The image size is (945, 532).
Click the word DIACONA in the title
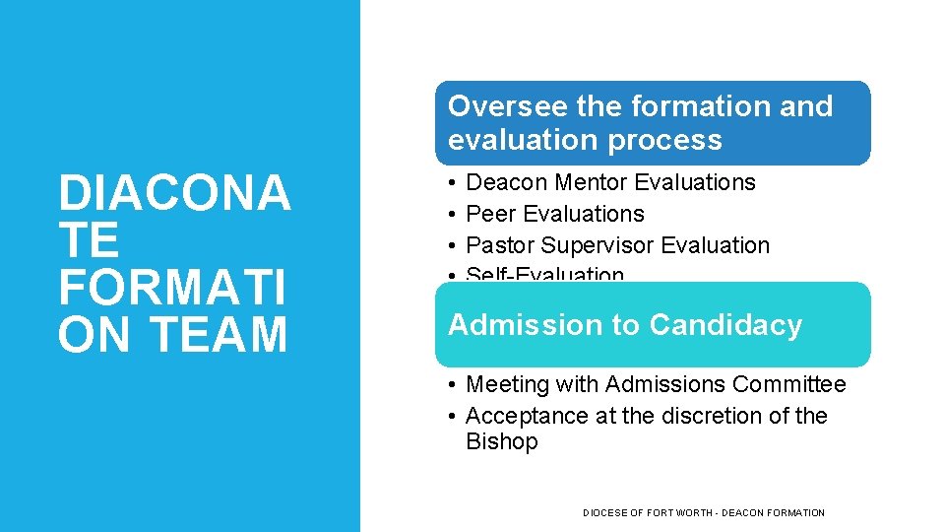tap(174, 193)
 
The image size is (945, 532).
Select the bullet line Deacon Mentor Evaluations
tap(609, 182)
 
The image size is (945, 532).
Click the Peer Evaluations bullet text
tap(554, 214)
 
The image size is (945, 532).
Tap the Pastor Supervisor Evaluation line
tap(617, 245)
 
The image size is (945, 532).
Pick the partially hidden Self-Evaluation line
tap(544, 275)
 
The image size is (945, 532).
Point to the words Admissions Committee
tap(725, 384)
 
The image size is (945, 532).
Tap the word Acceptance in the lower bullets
tap(527, 416)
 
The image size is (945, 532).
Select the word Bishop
tap(501, 441)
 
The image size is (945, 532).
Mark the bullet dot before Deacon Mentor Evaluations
tap(448, 182)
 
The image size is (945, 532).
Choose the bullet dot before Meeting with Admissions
tap(448, 384)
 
